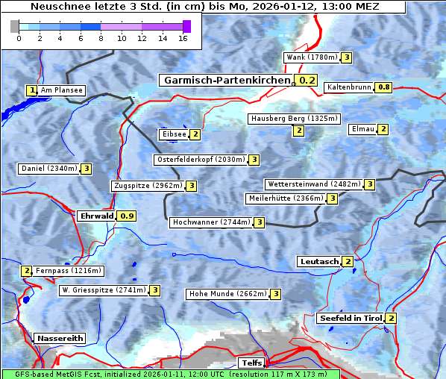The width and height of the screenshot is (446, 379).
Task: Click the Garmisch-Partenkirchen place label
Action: pos(226,81)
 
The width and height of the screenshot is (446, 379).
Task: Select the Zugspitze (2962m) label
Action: pos(147,186)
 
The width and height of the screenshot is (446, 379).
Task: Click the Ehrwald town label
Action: pos(96,216)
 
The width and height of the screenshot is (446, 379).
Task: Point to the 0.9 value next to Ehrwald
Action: pos(128,216)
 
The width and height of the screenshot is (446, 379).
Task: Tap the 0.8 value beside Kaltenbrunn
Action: pos(383,87)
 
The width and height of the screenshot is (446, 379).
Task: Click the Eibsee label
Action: pos(173,134)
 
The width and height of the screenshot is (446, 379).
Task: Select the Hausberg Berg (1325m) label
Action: pos(294,119)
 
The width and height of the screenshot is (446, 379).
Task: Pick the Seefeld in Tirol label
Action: pos(351,319)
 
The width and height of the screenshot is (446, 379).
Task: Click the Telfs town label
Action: pos(250,363)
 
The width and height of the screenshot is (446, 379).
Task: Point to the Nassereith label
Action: pos(59,338)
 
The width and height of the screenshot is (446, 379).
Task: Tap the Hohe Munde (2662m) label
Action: pos(227,294)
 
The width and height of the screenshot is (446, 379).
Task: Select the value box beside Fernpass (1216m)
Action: pos(26,271)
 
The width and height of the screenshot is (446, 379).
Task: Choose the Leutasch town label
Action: pos(319,262)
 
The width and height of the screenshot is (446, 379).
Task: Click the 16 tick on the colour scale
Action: pos(182,38)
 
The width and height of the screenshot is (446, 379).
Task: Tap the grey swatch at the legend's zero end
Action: pos(15,26)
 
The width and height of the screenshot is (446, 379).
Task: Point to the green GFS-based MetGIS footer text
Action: pos(170,374)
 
